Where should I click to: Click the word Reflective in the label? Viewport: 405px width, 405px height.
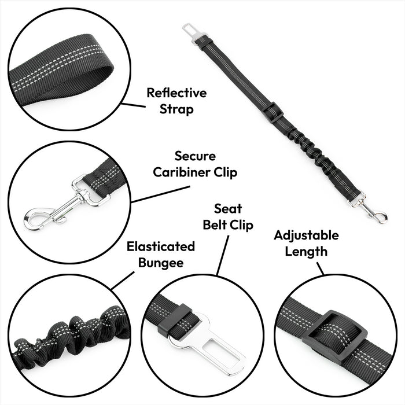[x=176, y=93]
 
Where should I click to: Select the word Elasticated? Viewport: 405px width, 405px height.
[x=161, y=246]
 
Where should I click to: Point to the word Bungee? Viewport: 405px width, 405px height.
[x=161, y=263]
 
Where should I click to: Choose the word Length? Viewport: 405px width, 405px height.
[x=306, y=251]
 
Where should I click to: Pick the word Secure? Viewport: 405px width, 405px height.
[x=195, y=156]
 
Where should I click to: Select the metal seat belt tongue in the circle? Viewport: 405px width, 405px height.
[x=205, y=341]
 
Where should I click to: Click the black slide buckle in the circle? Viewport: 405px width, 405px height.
[x=334, y=334]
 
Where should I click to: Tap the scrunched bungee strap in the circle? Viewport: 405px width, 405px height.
[x=69, y=336]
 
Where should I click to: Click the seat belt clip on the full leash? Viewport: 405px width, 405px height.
[x=193, y=33]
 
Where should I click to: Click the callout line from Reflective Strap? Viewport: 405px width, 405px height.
[x=134, y=105]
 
